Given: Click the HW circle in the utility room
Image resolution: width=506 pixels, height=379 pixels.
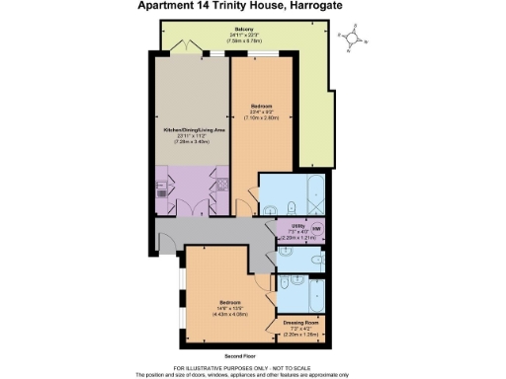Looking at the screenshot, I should coord(316,230).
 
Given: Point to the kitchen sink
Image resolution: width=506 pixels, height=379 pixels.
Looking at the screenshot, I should coord(161,189).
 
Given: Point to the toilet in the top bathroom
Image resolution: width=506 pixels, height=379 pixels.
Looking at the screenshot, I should coord(295,204).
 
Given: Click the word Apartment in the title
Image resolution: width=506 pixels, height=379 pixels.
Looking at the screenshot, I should coord(166,7).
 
